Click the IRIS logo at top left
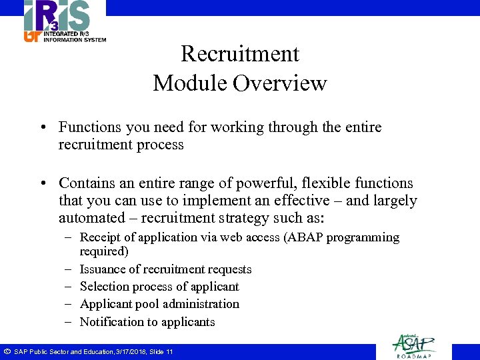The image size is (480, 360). pyautogui.click(x=65, y=21)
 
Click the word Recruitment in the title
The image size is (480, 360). pyautogui.click(x=240, y=53)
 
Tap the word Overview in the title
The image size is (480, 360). pyautogui.click(x=285, y=83)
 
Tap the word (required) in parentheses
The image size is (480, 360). pyautogui.click(x=103, y=251)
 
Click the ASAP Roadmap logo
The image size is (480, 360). pyautogui.click(x=414, y=345)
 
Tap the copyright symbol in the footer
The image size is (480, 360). pyautogui.click(x=6, y=351)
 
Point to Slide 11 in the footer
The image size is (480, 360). pyautogui.click(x=161, y=352)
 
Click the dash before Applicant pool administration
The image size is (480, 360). pyautogui.click(x=69, y=304)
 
